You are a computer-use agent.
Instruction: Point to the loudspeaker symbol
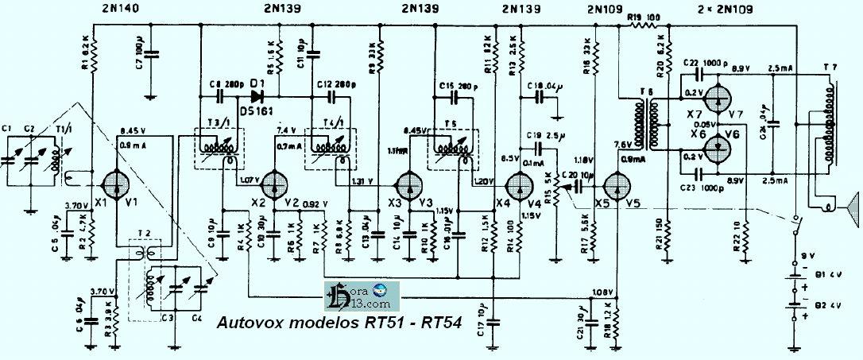(850, 205)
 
